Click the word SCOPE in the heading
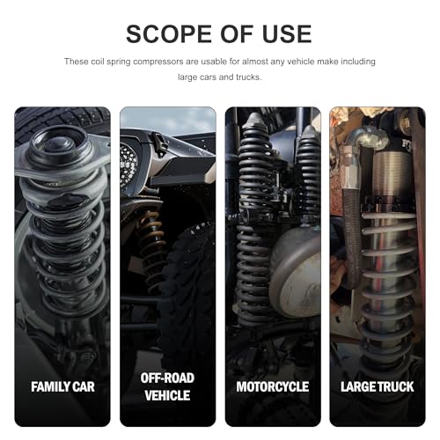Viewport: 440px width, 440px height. click(169, 34)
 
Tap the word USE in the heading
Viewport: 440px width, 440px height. click(287, 34)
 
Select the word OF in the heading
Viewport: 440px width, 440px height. click(237, 34)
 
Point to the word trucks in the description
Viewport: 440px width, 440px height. click(248, 77)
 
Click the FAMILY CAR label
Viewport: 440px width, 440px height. click(62, 386)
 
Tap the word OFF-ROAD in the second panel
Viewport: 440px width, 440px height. click(167, 378)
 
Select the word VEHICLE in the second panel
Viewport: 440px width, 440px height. click(167, 395)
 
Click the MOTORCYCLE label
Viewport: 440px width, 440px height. click(273, 386)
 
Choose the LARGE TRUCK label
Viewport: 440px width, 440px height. click(378, 386)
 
